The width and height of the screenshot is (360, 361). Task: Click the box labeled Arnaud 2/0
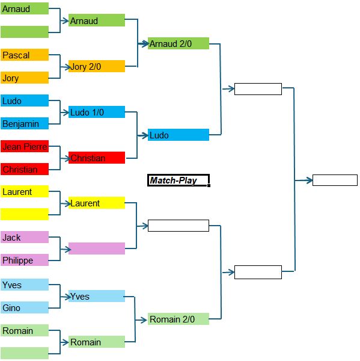[178, 43]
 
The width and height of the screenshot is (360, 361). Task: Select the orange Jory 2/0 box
[97, 66]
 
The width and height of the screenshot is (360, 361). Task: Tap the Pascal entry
[25, 55]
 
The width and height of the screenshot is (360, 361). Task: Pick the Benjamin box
[25, 123]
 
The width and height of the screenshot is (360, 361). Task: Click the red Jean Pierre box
[25, 146]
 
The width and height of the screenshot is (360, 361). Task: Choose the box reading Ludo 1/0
[97, 112]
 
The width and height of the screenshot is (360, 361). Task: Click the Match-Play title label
[178, 180]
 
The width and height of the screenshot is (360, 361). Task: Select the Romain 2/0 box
[178, 319]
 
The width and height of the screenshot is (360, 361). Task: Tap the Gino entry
[25, 307]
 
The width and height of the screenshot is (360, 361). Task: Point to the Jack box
[25, 237]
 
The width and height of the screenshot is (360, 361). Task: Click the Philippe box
[25, 260]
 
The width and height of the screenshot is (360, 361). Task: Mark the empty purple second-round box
[97, 248]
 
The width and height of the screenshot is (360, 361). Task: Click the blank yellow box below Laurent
[25, 214]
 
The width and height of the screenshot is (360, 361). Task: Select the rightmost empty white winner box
[335, 180]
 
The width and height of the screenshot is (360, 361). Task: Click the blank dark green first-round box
[25, 32]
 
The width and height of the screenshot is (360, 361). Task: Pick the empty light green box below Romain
[25, 353]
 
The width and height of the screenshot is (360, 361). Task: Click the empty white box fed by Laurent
[178, 226]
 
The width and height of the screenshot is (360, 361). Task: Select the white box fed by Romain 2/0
[258, 272]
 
